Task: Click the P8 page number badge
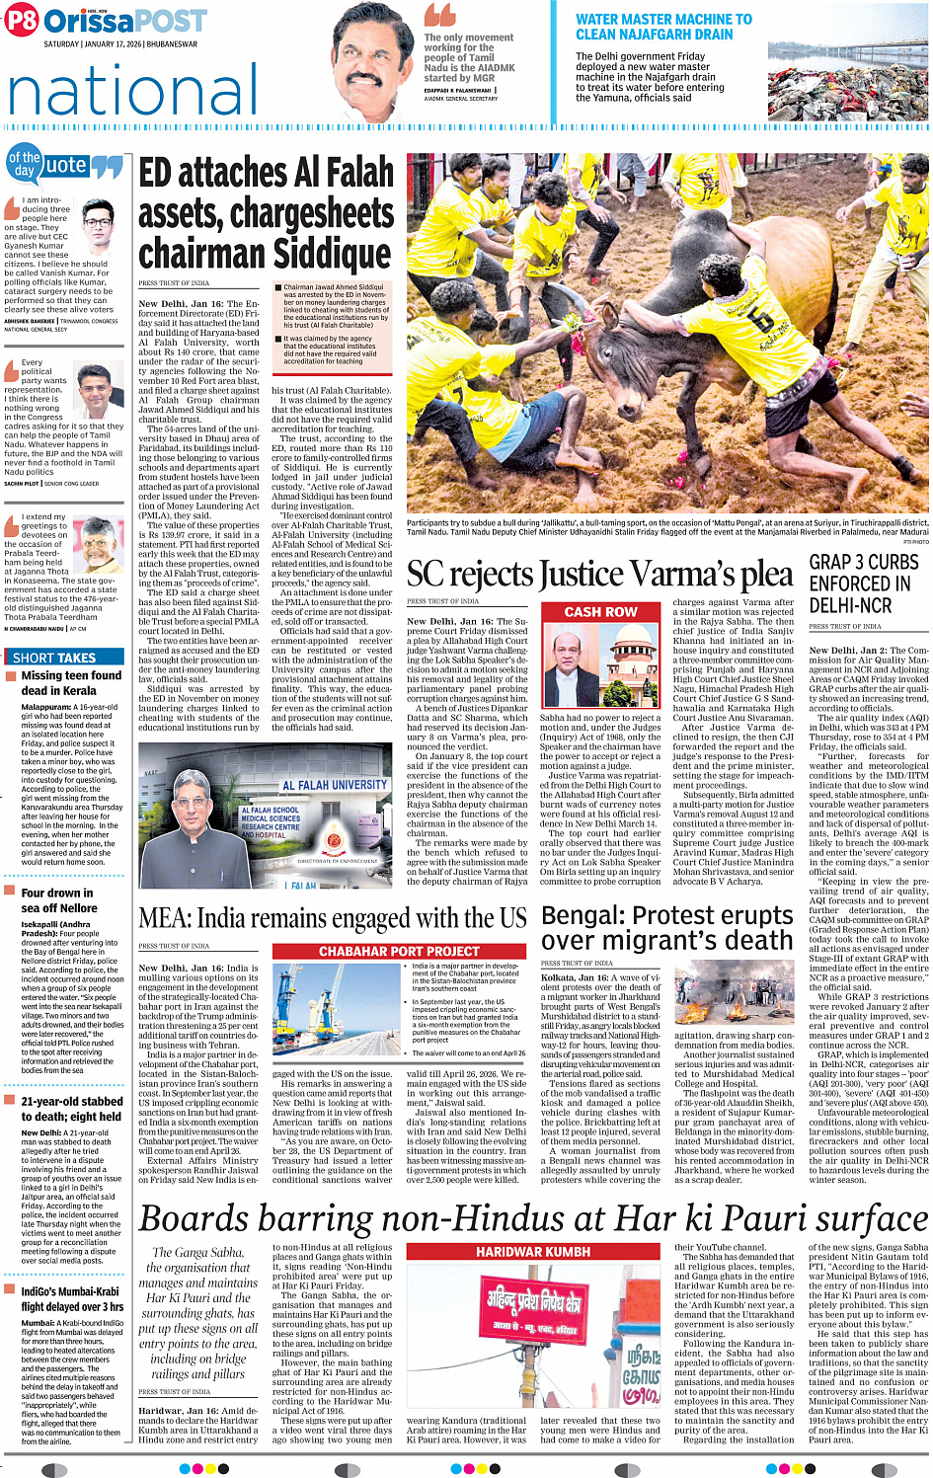click(21, 21)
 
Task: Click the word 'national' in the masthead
click(133, 91)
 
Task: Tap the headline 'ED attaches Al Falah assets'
click(266, 213)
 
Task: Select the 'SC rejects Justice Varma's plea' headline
click(599, 574)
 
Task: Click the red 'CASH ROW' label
click(599, 612)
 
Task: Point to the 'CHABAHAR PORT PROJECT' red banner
click(398, 951)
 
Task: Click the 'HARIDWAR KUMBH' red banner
click(533, 1251)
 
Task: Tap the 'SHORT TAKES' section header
click(54, 658)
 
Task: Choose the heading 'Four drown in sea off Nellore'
click(58, 900)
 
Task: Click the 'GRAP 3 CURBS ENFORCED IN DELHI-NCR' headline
click(864, 583)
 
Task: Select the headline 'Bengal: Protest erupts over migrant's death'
click(667, 928)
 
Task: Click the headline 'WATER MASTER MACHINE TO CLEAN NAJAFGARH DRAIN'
click(663, 27)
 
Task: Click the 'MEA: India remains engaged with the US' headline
click(333, 919)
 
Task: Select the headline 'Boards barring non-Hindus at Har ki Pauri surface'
click(533, 1218)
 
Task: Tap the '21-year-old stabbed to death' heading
click(72, 1109)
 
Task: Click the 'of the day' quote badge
click(25, 164)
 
